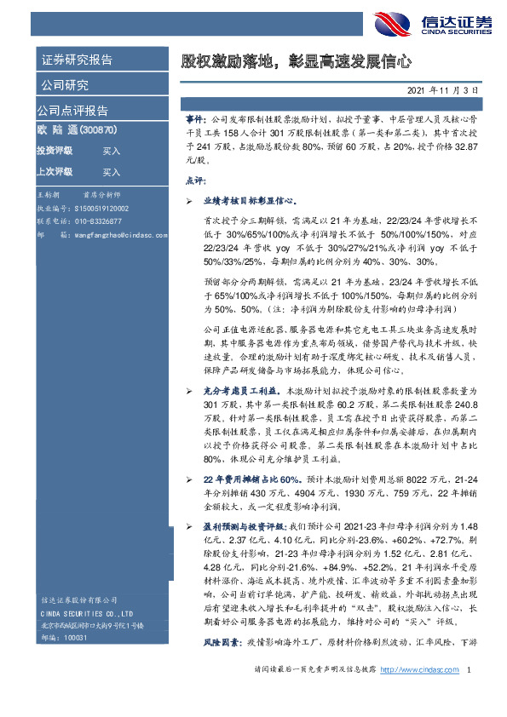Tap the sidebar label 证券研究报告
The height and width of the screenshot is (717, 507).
(x=78, y=60)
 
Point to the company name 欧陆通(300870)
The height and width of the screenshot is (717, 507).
(x=76, y=131)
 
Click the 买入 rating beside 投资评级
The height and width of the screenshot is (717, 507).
(x=111, y=151)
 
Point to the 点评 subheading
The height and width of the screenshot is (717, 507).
(x=194, y=181)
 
